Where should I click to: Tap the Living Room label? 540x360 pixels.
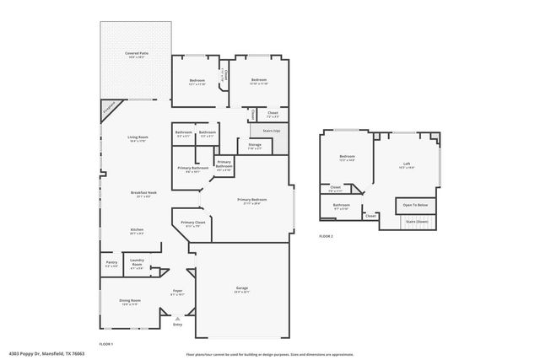(138, 137)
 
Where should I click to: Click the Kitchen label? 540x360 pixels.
(137, 229)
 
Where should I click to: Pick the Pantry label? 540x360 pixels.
(111, 262)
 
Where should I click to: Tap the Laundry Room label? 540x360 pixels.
(136, 263)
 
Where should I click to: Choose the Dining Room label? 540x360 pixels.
(129, 300)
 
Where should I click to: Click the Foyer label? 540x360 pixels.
(177, 292)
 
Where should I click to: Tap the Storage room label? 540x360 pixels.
(254, 145)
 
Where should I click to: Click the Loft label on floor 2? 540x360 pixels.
(406, 164)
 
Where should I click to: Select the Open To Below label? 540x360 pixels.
(414, 205)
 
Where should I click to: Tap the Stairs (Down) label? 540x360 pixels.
(417, 222)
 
